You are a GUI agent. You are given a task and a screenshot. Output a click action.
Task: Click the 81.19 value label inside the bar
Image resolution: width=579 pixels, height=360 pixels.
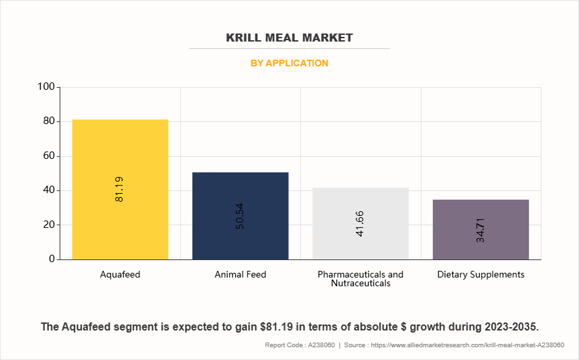(119, 189)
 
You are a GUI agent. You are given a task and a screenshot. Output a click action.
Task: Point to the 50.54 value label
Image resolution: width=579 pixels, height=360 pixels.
(240, 216)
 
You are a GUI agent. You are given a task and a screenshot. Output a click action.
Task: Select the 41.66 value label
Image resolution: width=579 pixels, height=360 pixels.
(361, 224)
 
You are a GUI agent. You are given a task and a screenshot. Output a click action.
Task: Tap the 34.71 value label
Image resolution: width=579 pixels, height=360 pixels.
(480, 229)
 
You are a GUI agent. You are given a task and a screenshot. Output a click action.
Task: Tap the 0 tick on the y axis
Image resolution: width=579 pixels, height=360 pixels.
(52, 259)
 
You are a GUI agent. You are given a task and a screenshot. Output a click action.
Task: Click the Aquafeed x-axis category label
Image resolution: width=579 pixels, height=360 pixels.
(120, 274)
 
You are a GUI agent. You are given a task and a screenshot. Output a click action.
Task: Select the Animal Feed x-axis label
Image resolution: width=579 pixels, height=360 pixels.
(240, 274)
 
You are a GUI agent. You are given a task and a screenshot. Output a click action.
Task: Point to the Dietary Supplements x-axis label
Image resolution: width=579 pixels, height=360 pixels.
(480, 274)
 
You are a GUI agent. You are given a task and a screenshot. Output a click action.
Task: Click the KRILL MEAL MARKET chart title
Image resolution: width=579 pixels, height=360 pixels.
(289, 38)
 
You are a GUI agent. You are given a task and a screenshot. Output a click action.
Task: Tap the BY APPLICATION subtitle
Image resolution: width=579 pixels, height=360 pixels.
(289, 63)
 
